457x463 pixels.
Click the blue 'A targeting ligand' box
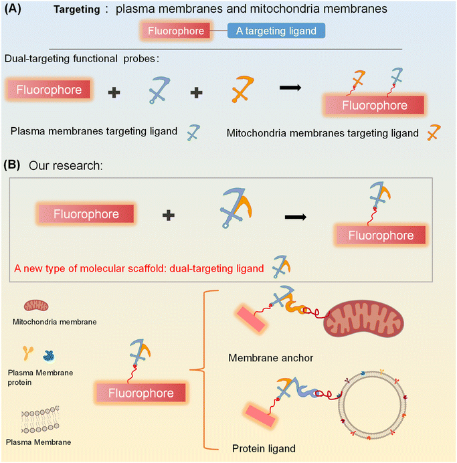point(276,30)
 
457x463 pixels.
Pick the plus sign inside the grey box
point(169,215)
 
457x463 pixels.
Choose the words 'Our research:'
point(66,165)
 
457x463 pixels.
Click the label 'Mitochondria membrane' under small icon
point(54,322)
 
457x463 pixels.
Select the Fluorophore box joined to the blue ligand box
point(175,30)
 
